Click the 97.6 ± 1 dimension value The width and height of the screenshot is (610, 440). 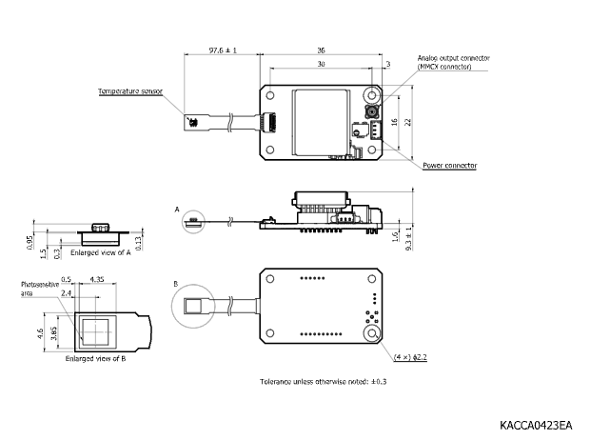(x=223, y=50)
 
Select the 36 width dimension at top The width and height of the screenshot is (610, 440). (x=321, y=50)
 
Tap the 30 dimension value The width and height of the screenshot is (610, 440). (x=321, y=64)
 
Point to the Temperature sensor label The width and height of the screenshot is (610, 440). (x=130, y=91)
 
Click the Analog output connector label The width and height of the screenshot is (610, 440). (x=454, y=58)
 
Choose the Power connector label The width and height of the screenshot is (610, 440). (x=450, y=166)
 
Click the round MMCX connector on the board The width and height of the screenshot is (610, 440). (x=372, y=112)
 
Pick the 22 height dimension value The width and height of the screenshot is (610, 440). (x=407, y=122)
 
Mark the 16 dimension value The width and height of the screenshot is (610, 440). (x=394, y=122)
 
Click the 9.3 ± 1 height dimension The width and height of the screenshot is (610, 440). (x=408, y=239)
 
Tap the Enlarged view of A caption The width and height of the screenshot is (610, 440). (x=101, y=252)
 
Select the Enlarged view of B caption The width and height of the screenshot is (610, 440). (x=96, y=359)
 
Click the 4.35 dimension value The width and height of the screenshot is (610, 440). (x=97, y=280)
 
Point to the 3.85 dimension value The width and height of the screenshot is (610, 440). (x=53, y=333)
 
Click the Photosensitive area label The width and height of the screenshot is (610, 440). (x=40, y=289)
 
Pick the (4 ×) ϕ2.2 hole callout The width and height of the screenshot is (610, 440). (x=410, y=357)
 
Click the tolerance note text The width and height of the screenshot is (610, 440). (x=324, y=382)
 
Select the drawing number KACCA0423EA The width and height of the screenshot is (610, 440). (x=536, y=425)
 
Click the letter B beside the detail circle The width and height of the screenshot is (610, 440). (x=176, y=284)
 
